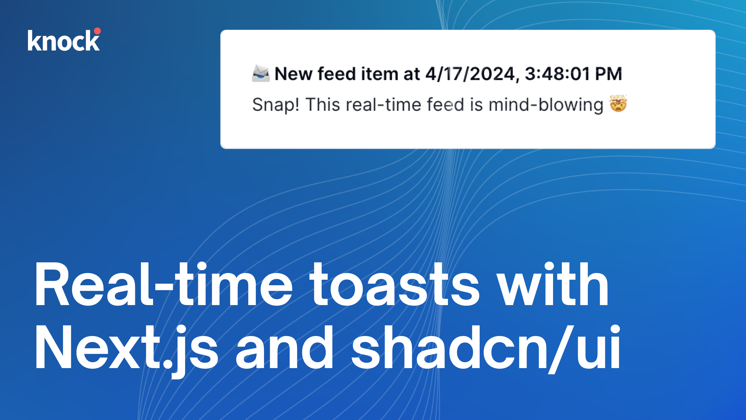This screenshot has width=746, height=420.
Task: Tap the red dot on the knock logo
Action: coord(97,31)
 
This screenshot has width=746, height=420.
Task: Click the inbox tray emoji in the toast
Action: coord(261,73)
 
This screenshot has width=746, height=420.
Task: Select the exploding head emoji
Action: coord(618,103)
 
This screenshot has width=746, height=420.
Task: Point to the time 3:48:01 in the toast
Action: coord(557,74)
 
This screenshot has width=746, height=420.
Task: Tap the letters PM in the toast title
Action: coord(608,74)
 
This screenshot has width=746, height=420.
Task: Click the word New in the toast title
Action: coord(293,74)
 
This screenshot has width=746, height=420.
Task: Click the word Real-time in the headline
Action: coord(163,284)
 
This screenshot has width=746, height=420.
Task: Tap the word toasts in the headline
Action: coord(394,284)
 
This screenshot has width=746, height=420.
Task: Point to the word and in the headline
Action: coord(284,347)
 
